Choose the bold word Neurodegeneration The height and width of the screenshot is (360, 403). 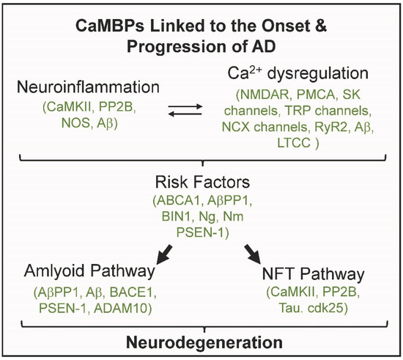coord(201,342)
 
